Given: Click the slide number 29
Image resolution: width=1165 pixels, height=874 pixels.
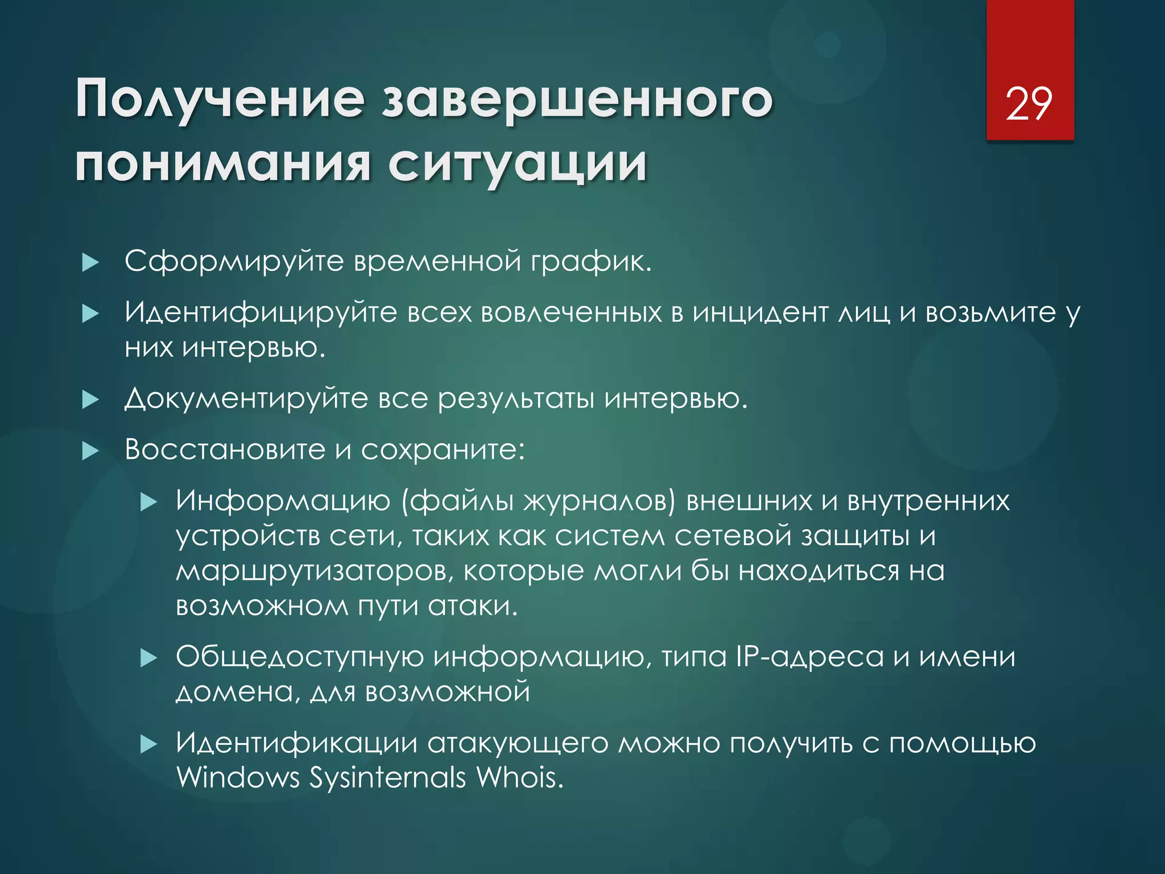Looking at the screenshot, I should (1028, 104).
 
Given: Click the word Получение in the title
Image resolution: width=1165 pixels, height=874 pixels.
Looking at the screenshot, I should (220, 99).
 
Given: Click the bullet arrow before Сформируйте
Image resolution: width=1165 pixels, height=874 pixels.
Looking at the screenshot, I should (90, 263).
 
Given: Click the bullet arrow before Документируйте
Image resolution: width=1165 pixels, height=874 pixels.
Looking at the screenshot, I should (90, 400).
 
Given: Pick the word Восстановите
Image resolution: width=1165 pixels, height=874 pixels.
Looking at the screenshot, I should (225, 450).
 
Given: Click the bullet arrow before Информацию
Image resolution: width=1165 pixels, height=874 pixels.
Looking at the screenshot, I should (148, 502).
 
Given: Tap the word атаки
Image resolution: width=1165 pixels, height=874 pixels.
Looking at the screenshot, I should (473, 606).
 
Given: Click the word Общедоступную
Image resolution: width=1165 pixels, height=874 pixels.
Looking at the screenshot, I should (300, 658).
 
